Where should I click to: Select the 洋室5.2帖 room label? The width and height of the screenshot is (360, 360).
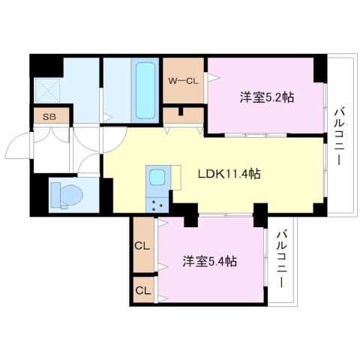(266, 97)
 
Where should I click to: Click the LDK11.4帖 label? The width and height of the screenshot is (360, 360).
(229, 173)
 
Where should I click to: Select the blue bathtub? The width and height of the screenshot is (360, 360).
(144, 91)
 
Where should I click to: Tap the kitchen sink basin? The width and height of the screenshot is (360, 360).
(158, 178)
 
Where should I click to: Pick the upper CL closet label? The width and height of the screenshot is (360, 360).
(142, 244)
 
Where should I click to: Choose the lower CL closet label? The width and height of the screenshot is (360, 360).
(142, 288)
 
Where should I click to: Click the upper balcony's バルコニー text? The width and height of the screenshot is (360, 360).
(338, 136)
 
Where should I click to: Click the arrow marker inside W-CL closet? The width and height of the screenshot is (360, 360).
(212, 76)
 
